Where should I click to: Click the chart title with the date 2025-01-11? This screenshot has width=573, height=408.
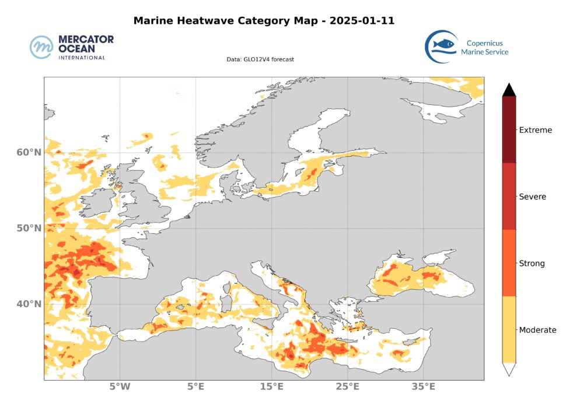pyautogui.click(x=264, y=21)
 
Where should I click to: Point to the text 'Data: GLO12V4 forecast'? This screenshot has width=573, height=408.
pyautogui.click(x=260, y=59)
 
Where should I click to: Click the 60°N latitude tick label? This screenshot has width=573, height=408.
pyautogui.click(x=29, y=153)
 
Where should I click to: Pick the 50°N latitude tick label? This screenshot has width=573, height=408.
pyautogui.click(x=29, y=228)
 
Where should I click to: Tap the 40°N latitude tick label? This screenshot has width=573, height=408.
pyautogui.click(x=29, y=304)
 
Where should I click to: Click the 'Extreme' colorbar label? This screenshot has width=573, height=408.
pyautogui.click(x=535, y=130)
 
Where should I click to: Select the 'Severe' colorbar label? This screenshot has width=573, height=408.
pyautogui.click(x=532, y=197)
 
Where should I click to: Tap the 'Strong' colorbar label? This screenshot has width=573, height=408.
pyautogui.click(x=532, y=263)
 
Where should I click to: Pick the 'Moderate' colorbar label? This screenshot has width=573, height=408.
pyautogui.click(x=537, y=330)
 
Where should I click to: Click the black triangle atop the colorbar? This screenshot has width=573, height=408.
pyautogui.click(x=509, y=90)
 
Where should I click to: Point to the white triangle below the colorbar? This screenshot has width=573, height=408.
pyautogui.click(x=509, y=369)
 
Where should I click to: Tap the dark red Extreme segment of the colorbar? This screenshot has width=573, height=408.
pyautogui.click(x=509, y=129)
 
